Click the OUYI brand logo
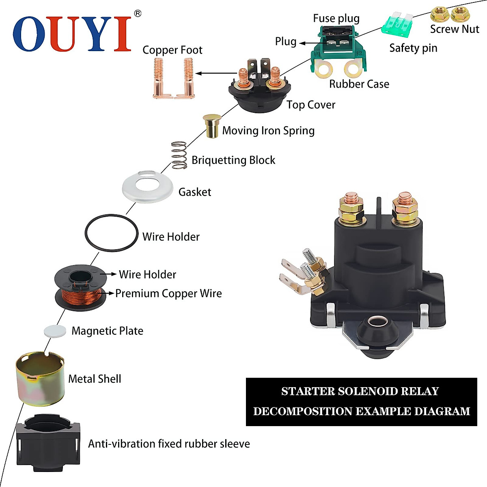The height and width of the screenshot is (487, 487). (x=72, y=34)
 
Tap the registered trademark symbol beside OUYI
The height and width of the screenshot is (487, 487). (x=138, y=14)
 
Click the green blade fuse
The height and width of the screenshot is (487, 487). (x=397, y=24)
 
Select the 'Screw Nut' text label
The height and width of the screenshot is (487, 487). (x=454, y=29)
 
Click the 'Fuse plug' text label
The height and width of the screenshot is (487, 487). (x=336, y=18)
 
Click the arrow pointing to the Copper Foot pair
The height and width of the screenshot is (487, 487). (x=215, y=73)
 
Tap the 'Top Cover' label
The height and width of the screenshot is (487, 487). (x=311, y=105)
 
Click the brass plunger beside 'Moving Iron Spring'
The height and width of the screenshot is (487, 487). (x=211, y=126)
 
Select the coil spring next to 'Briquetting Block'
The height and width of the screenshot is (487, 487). (x=179, y=155)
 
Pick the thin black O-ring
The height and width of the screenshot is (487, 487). (x=112, y=233)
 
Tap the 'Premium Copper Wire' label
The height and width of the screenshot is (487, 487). (x=168, y=293)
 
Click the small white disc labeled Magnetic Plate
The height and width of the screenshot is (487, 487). (x=55, y=331)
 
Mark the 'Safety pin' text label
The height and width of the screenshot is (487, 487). (x=413, y=48)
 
